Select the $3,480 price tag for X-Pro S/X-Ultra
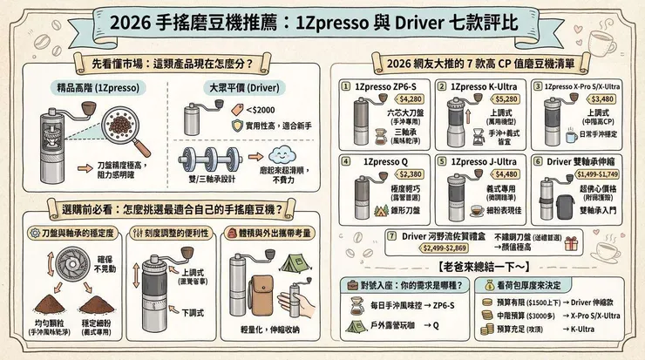point(580,99)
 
